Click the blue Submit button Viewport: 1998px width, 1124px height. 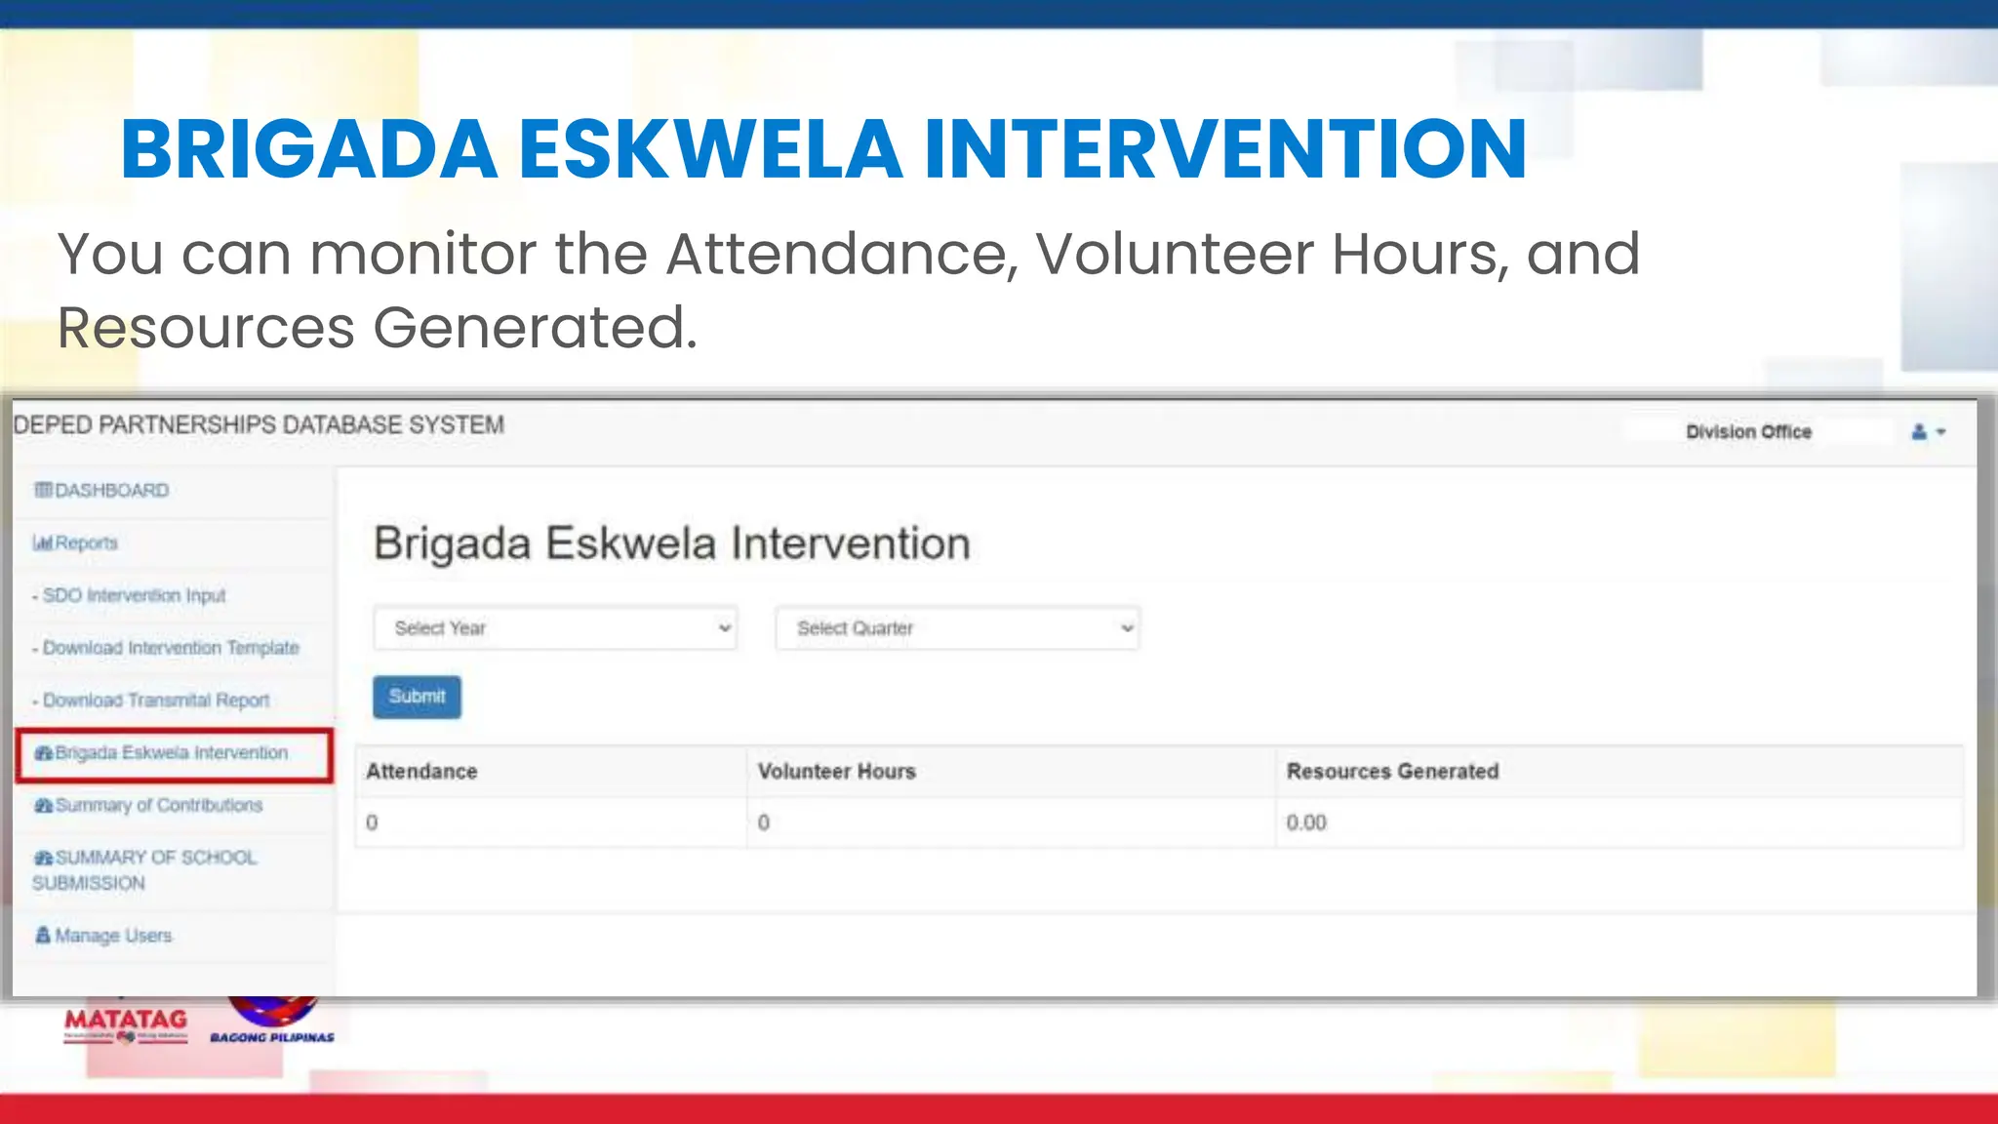pos(417,697)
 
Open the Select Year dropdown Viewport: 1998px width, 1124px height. pos(554,628)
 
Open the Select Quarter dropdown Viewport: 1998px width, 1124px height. pos(957,628)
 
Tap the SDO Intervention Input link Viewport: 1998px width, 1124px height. pos(133,595)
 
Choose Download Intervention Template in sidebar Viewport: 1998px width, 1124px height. pos(170,648)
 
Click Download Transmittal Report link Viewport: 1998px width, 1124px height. pos(155,701)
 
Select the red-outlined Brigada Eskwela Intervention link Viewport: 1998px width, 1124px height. pos(172,753)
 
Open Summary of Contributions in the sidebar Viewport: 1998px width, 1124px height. pos(158,806)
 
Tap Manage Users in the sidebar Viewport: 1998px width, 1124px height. pos(112,936)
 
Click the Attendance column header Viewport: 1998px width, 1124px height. pos(421,772)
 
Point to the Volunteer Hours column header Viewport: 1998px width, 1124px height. pos(836,772)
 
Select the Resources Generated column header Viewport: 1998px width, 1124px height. pos(1392,772)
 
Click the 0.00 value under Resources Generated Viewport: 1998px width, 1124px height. pos(1306,823)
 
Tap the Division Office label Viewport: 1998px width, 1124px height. pos(1748,432)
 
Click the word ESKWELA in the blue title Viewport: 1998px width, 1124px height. pos(710,149)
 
